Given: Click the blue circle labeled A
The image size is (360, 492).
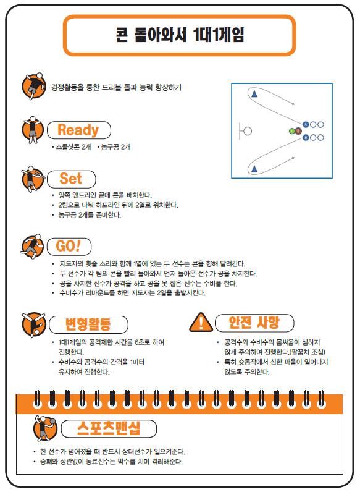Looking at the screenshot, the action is [x=306, y=125].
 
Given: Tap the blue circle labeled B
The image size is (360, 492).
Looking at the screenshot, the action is [x=306, y=137].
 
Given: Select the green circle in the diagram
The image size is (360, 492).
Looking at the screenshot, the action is [x=292, y=131].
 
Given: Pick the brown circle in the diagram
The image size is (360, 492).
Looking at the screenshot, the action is [x=298, y=131].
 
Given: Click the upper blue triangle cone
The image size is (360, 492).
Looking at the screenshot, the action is [x=254, y=93].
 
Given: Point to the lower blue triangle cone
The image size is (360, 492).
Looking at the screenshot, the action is [x=254, y=169].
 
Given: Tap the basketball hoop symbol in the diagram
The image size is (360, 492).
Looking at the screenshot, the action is [x=245, y=131].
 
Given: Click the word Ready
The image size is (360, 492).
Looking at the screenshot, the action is [x=78, y=130].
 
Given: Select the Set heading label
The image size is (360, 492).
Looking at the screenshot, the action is [x=71, y=179].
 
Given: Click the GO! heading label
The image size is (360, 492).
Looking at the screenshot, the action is [x=69, y=246].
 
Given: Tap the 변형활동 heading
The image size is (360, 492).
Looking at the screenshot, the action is [x=88, y=324].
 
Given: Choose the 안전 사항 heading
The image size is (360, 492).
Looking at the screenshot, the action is [x=254, y=322].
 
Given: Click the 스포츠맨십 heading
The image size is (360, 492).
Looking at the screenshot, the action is [x=109, y=428].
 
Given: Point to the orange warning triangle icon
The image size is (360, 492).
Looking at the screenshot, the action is [x=201, y=323].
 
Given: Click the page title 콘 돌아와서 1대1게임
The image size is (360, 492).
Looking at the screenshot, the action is [x=180, y=35].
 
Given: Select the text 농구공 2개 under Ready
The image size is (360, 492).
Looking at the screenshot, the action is [x=114, y=147].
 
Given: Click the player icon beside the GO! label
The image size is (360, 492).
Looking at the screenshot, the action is [x=32, y=247].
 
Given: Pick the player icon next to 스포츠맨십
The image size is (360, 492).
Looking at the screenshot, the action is [x=45, y=428].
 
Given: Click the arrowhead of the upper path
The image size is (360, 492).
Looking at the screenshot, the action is [x=293, y=103].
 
